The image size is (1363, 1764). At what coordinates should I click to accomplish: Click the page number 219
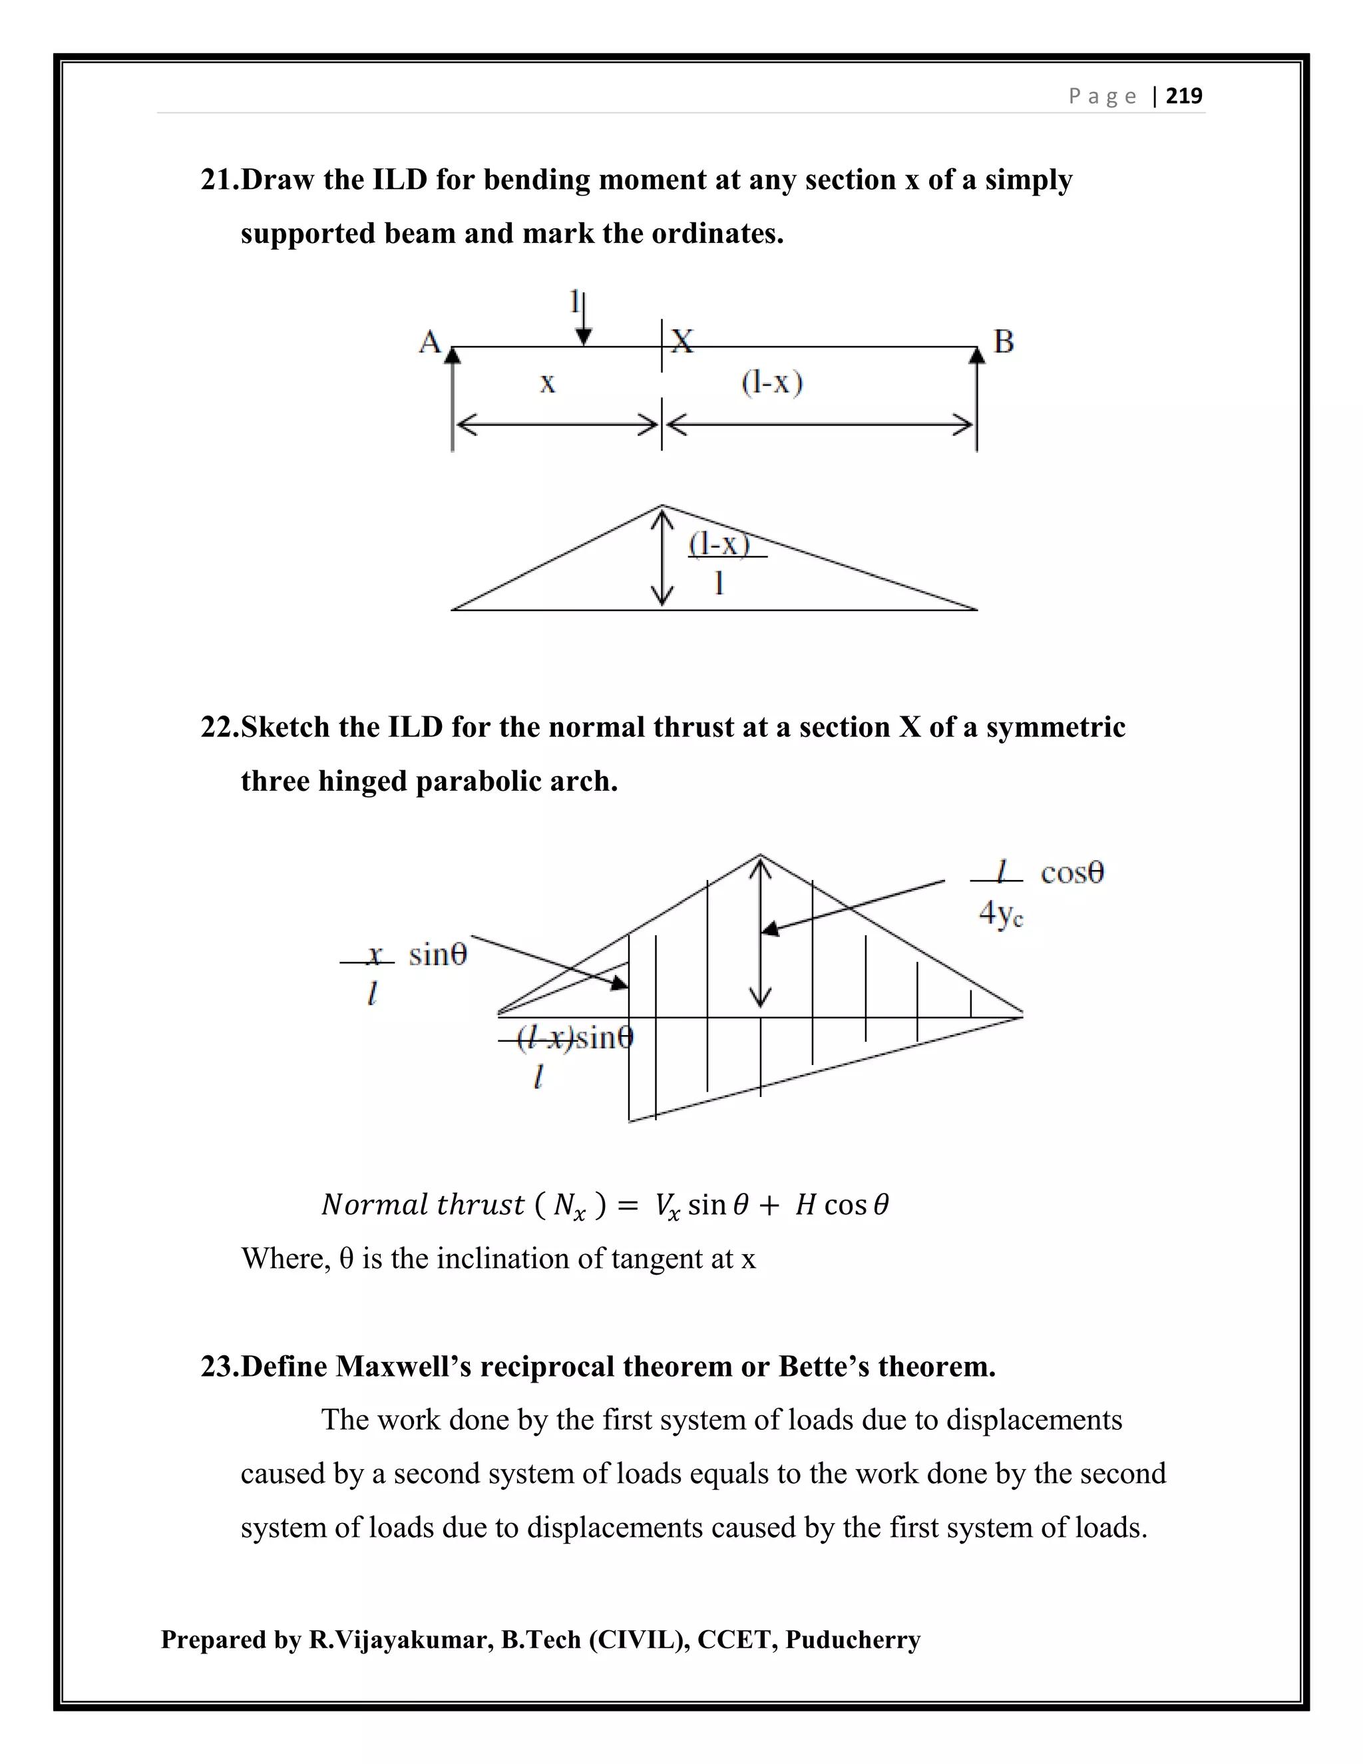tap(1184, 96)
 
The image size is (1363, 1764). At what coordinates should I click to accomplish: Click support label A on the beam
tap(429, 341)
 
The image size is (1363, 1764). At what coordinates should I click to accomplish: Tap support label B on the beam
tap(1004, 341)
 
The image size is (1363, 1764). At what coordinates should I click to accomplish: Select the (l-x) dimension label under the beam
tap(772, 382)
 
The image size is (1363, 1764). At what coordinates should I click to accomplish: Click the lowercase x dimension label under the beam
tap(548, 383)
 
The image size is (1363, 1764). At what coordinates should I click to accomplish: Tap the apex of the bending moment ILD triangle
tap(662, 507)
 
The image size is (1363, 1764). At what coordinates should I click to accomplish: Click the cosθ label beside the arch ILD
tap(1071, 873)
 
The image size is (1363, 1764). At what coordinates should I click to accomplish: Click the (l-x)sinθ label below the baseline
tap(575, 1038)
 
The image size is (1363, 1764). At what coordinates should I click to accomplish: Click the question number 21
tap(220, 179)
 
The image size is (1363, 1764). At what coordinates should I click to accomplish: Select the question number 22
tap(220, 727)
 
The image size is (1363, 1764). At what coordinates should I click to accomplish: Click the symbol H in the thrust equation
tap(805, 1205)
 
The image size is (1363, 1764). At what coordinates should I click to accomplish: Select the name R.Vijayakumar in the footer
tap(401, 1640)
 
